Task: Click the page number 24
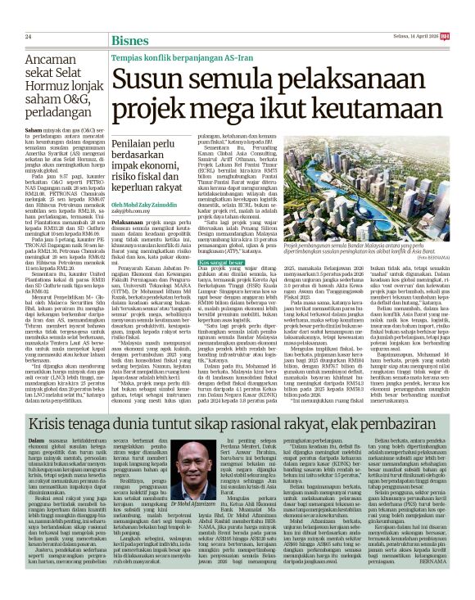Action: point(28,14)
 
